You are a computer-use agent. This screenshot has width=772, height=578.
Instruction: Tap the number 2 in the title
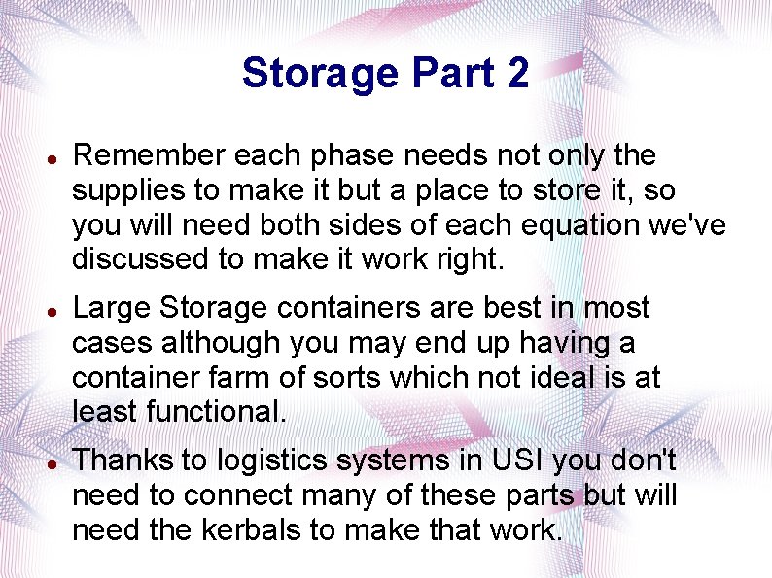point(516,74)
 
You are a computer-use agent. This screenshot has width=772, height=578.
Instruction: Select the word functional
point(216,412)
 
